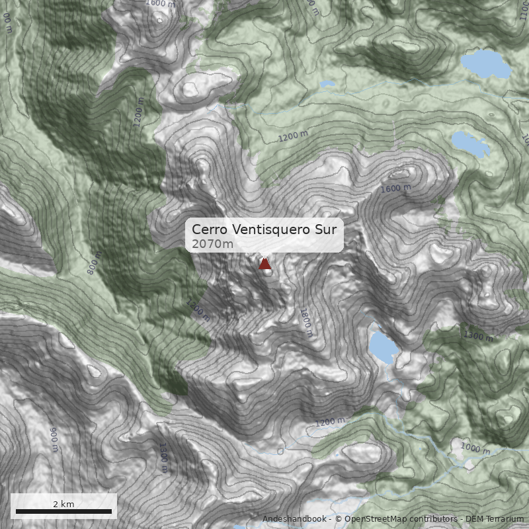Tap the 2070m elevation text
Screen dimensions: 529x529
[x=212, y=244]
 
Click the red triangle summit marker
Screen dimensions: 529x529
[x=264, y=264]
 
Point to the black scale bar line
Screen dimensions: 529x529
[x=63, y=511]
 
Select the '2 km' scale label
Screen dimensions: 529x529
[x=63, y=504]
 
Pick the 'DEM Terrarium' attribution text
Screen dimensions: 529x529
[x=495, y=519]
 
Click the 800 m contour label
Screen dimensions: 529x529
[x=95, y=263]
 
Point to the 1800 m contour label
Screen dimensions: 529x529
[x=305, y=322]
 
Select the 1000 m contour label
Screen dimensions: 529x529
[x=475, y=449]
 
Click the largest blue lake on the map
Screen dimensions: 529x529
[x=485, y=64]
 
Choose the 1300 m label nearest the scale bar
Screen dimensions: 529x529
[x=163, y=458]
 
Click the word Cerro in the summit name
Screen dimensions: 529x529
[x=208, y=229]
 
